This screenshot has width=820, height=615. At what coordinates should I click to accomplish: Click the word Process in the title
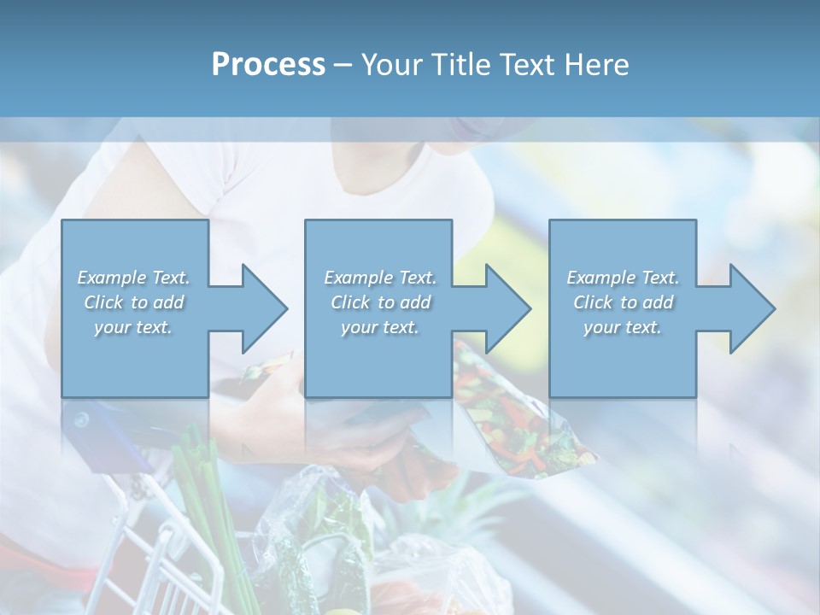click(x=268, y=65)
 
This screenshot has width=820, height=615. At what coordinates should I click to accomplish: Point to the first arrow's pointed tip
click(x=286, y=308)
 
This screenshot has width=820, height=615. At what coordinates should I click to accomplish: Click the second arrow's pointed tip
click(x=530, y=308)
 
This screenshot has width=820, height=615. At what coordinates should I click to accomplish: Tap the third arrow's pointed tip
click(x=774, y=308)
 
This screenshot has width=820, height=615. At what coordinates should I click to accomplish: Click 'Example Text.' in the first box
click(x=134, y=278)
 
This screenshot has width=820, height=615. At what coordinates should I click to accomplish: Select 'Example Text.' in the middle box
click(x=380, y=278)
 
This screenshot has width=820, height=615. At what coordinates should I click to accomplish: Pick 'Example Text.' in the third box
click(x=623, y=278)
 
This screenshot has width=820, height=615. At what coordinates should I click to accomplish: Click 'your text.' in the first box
click(x=133, y=327)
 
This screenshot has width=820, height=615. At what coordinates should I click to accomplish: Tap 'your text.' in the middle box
click(x=380, y=327)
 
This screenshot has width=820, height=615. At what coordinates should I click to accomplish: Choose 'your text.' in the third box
click(x=623, y=327)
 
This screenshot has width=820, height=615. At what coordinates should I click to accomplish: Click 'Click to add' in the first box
click(x=134, y=302)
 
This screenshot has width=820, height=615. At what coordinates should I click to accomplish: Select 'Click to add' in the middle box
click(x=380, y=302)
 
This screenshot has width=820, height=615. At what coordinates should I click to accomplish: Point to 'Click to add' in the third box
click(x=623, y=302)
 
